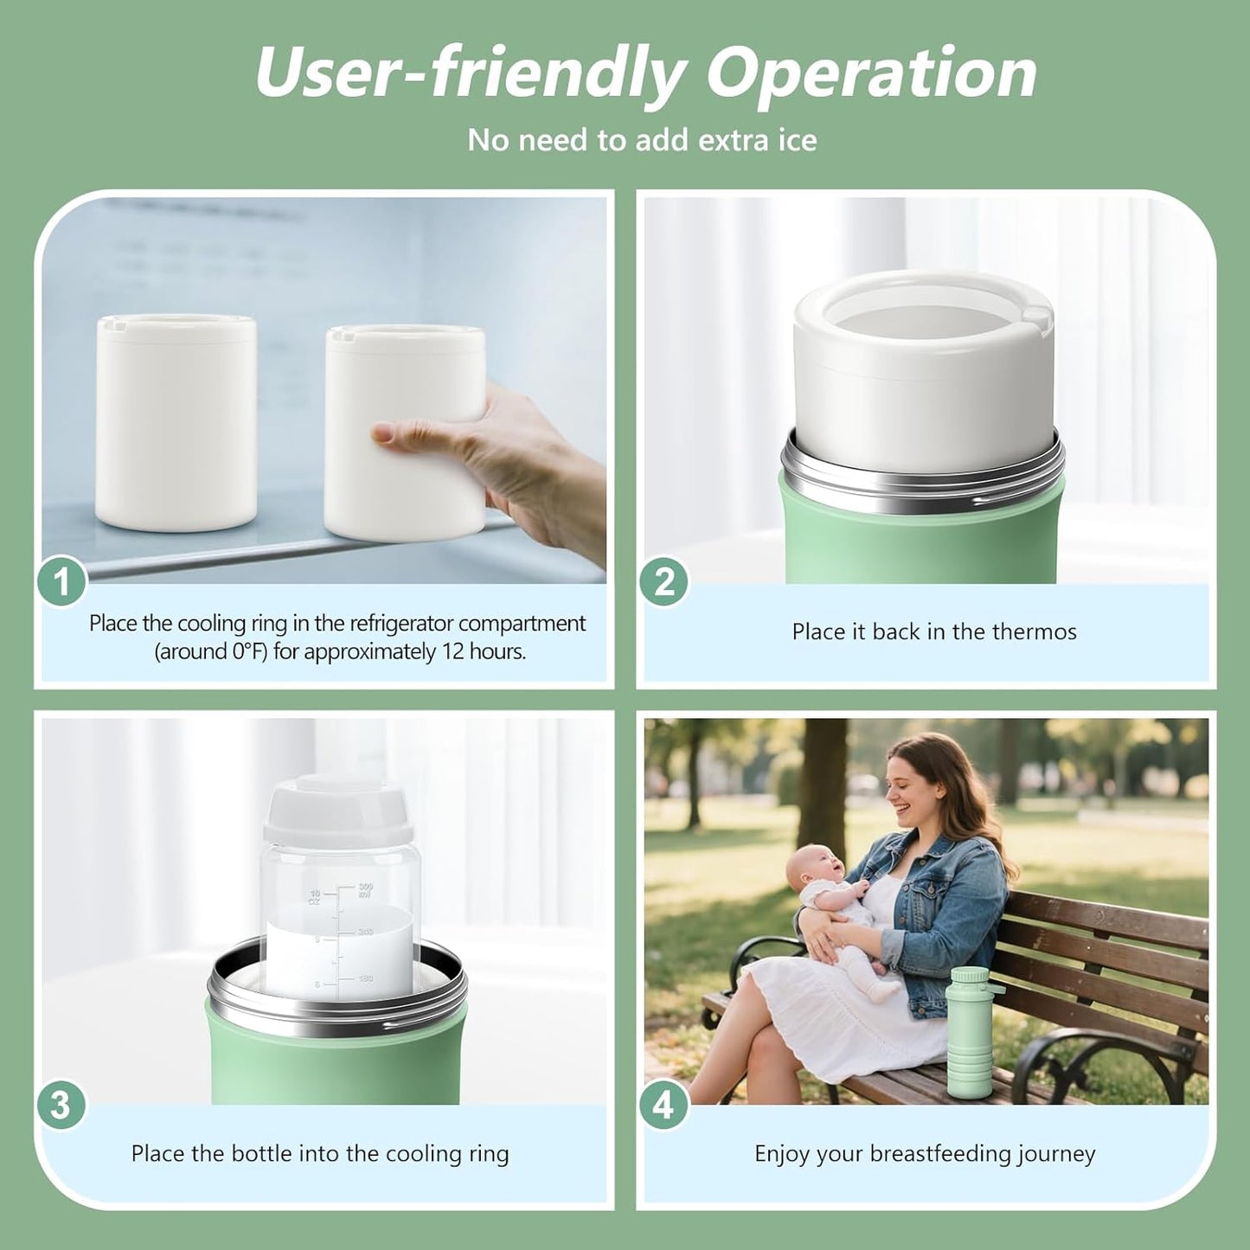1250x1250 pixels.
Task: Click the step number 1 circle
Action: [61, 582]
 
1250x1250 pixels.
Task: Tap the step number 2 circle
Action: [663, 582]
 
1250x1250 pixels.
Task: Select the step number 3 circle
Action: [60, 1106]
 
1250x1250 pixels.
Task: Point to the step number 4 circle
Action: [663, 1106]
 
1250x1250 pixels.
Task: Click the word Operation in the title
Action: [871, 73]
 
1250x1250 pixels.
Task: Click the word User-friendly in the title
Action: [471, 73]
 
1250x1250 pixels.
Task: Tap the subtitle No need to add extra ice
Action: [642, 140]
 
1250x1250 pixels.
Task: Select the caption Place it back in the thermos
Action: [934, 631]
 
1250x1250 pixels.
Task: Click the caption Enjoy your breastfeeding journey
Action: [925, 1153]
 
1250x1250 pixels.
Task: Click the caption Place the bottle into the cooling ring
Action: [320, 1153]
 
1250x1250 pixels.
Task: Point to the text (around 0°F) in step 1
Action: [211, 651]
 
